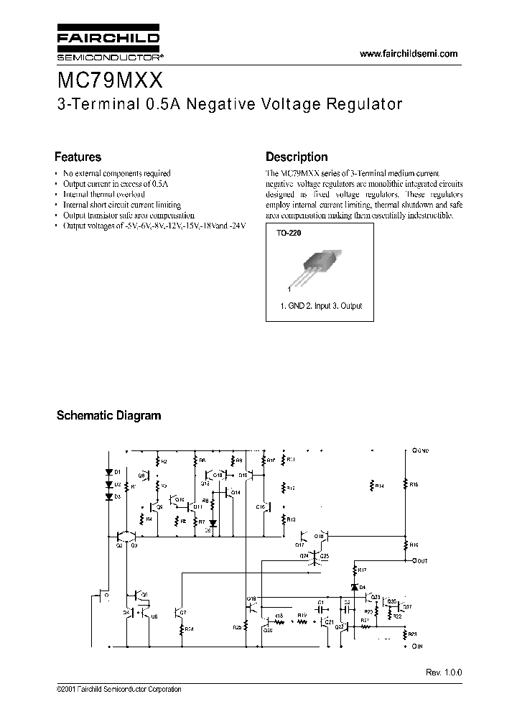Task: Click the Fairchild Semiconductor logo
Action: pyautogui.click(x=108, y=45)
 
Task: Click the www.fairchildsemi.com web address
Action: pyautogui.click(x=408, y=54)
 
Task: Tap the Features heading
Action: pyautogui.click(x=78, y=157)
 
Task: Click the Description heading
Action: pyautogui.click(x=297, y=157)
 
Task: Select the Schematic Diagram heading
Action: pyautogui.click(x=108, y=415)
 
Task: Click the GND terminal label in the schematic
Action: pyautogui.click(x=421, y=450)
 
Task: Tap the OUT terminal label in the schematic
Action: pyautogui.click(x=420, y=560)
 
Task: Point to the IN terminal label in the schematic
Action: pyautogui.click(x=418, y=647)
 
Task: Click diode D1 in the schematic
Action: pyautogui.click(x=109, y=472)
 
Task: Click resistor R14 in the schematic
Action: pyautogui.click(x=373, y=486)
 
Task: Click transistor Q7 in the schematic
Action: pyautogui.click(x=177, y=611)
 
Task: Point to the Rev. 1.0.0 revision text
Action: pyautogui.click(x=444, y=670)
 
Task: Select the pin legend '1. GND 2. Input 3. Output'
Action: pyautogui.click(x=321, y=306)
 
